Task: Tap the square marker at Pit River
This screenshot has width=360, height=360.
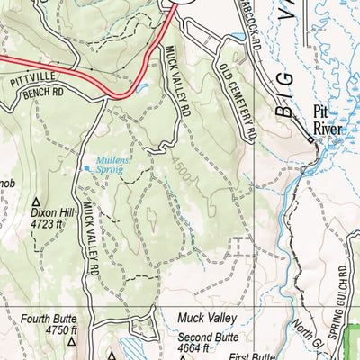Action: pos(311,140)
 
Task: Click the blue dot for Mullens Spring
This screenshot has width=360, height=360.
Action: pos(87,167)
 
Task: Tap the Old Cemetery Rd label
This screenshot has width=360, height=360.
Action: pos(236,100)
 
